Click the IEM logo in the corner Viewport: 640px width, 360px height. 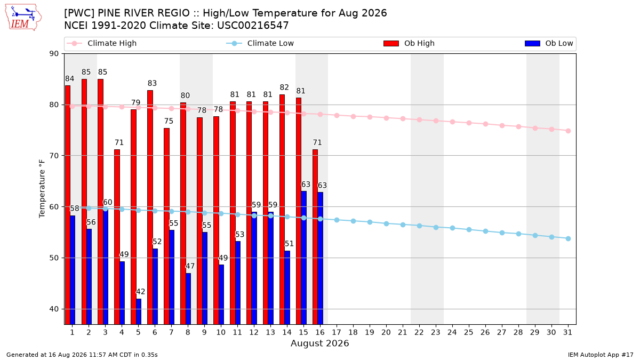coord(23,18)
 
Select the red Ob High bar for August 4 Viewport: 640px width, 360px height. coord(117,237)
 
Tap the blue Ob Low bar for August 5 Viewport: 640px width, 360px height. coord(139,311)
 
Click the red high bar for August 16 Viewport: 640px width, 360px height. coord(315,237)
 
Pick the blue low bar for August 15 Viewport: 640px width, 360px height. coord(303,258)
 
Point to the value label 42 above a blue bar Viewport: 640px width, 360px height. coord(141,292)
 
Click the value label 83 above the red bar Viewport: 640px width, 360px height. coord(153,83)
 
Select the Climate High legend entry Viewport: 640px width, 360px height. coord(102,43)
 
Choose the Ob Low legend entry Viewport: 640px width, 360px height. coord(549,43)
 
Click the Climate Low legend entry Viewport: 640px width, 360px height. coord(260,43)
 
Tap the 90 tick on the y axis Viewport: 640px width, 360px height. coord(54,54)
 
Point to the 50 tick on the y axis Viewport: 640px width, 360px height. coord(54,258)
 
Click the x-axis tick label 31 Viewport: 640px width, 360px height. coord(568,332)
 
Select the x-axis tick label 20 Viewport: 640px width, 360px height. coord(386,332)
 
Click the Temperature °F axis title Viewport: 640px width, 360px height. coord(42,189)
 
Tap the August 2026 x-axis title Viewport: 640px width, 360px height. coord(320,343)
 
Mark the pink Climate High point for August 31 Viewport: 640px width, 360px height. coord(569,131)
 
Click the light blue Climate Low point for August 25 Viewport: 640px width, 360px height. coord(469,230)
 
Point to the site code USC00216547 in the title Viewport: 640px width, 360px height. coord(253,26)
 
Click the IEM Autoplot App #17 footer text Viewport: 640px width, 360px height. coord(601,355)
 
